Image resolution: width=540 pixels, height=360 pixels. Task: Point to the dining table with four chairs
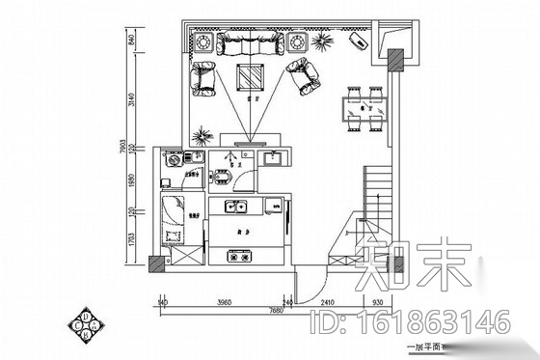tap(364, 107)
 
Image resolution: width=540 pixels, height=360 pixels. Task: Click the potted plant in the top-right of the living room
tap(321, 42)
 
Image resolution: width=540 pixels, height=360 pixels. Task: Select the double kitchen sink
tap(234, 206)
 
